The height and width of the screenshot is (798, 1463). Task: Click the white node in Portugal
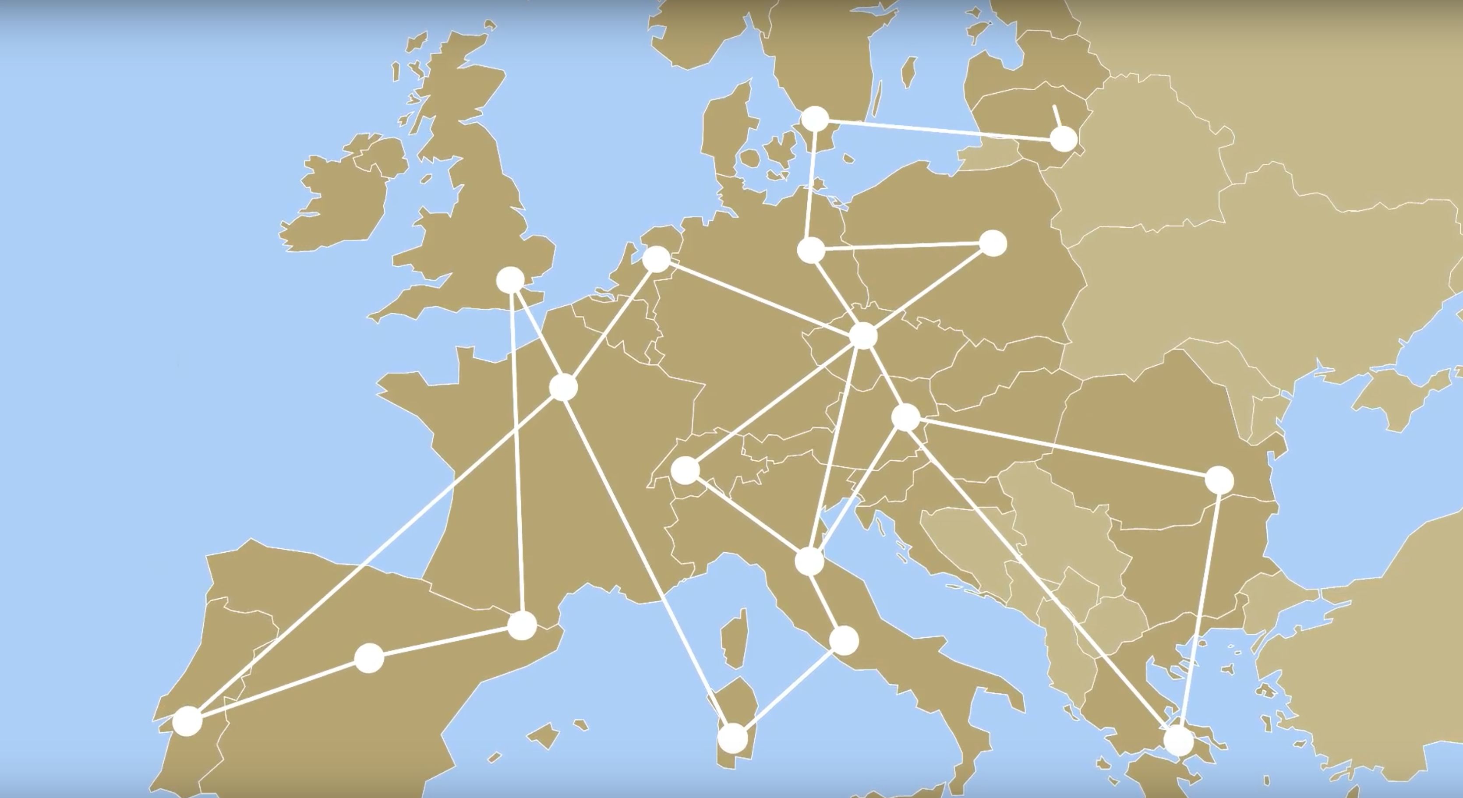[x=187, y=721]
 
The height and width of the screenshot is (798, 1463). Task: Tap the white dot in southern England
[x=510, y=279]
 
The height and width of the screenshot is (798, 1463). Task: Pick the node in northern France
[x=563, y=387]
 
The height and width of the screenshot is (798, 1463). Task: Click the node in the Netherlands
[x=657, y=259]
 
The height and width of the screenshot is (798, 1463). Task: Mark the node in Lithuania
[x=1063, y=138]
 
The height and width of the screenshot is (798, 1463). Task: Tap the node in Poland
[x=993, y=244]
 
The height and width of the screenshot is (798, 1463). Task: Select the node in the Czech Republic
[x=863, y=335]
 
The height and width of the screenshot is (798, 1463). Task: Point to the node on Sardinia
[x=733, y=738]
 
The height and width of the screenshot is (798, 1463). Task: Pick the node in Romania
[x=1219, y=480]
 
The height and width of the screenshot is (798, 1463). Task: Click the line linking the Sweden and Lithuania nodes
[x=937, y=128]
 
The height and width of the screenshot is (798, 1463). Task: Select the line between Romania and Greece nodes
[x=1199, y=608]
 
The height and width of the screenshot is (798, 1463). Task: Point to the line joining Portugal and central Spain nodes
[x=278, y=689]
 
